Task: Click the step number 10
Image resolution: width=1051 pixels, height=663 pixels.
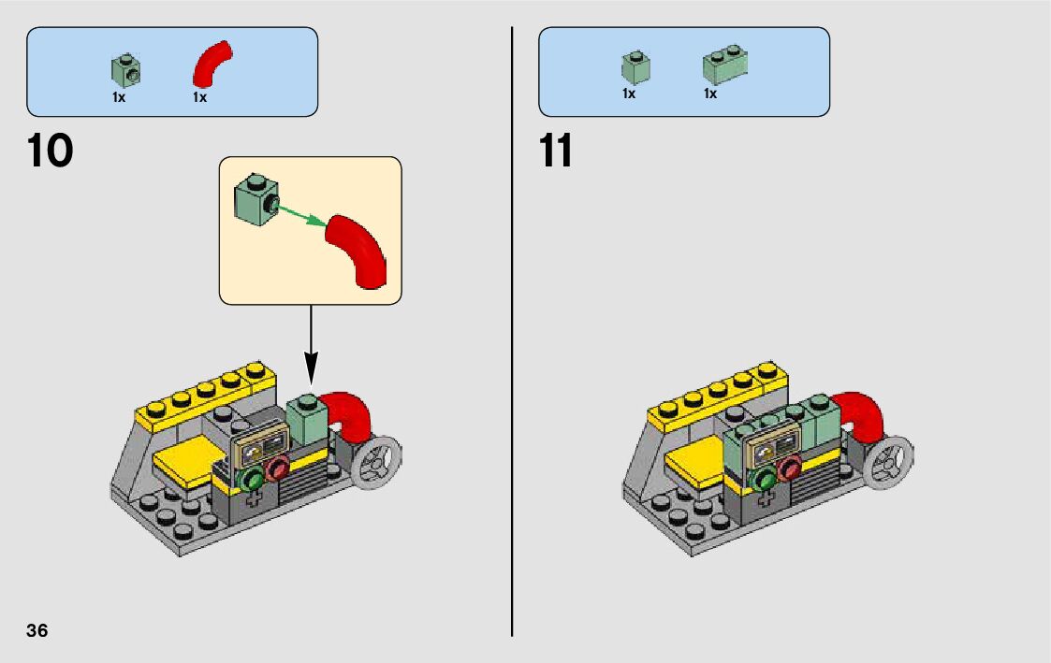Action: (51, 151)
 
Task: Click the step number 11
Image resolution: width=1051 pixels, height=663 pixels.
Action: (556, 151)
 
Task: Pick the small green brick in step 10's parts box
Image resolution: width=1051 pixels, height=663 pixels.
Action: (125, 68)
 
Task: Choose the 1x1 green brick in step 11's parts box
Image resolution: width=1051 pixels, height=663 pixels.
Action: (635, 66)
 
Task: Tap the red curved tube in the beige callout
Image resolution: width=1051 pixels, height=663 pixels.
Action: (360, 248)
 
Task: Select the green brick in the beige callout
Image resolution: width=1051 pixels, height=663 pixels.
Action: (253, 198)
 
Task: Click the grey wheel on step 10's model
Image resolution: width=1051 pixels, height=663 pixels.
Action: (378, 459)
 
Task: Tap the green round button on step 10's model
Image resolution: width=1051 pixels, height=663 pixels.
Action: (252, 480)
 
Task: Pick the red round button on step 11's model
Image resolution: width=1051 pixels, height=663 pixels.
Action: (790, 469)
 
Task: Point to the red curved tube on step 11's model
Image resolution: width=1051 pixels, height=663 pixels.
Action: (863, 415)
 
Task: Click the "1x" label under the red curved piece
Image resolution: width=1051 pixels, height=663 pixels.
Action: (199, 96)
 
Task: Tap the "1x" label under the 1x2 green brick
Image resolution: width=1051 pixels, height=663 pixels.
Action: (710, 94)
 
